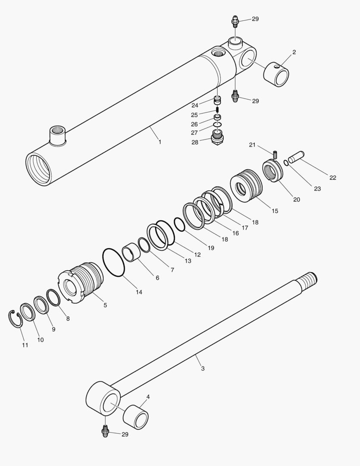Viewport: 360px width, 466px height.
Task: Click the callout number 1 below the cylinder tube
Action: pos(160,142)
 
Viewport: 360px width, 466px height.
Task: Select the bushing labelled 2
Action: pos(276,74)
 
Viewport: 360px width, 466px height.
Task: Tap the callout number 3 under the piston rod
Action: pos(203,368)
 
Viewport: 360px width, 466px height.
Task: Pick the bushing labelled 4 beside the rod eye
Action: pos(136,417)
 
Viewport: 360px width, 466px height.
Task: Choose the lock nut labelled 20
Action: pos(272,170)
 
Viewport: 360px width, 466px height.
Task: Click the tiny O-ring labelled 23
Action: pos(286,163)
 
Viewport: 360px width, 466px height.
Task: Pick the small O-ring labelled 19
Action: pos(179,224)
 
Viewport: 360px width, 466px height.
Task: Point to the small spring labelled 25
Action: pos(218,109)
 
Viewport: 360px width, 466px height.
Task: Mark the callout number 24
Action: pos(195,106)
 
